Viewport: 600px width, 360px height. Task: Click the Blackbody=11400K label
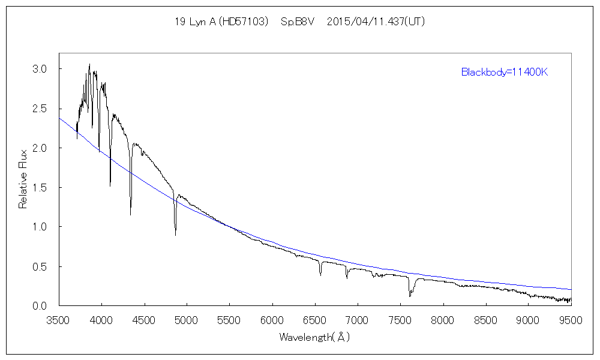click(x=505, y=73)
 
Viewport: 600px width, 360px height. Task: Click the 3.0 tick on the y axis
click(x=39, y=69)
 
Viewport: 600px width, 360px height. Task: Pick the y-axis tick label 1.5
click(x=39, y=187)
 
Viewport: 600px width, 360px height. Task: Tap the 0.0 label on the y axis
click(x=39, y=305)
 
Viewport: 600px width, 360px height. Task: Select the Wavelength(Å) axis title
click(x=314, y=337)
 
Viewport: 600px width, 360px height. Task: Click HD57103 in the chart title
click(x=243, y=22)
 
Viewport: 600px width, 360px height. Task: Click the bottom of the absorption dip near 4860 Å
click(x=175, y=235)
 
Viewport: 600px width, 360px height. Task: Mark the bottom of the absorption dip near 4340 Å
click(x=130, y=214)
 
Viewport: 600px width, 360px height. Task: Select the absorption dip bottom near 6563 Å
click(x=320, y=275)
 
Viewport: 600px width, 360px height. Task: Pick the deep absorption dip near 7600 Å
click(x=410, y=296)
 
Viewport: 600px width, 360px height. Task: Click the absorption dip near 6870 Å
click(x=347, y=278)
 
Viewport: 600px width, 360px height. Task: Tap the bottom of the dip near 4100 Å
click(x=110, y=185)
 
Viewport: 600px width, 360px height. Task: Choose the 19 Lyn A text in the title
click(x=193, y=22)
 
